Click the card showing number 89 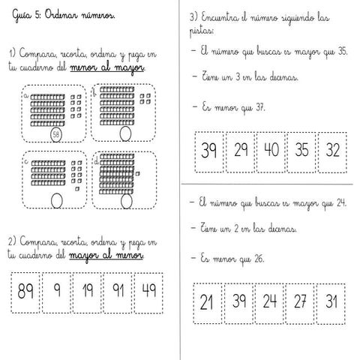(26, 289)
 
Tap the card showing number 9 (57, 289)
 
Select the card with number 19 (88, 289)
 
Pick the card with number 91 (118, 289)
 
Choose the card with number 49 (149, 289)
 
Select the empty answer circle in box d (124, 201)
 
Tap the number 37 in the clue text (260, 107)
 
